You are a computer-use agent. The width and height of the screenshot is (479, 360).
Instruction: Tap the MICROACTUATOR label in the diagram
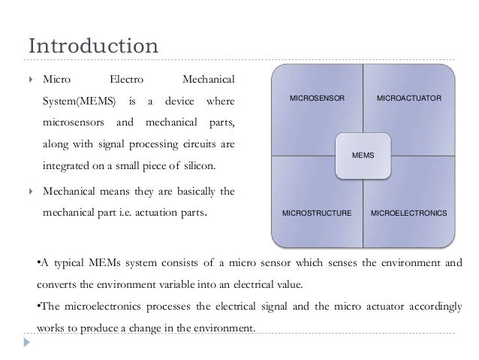[x=408, y=99]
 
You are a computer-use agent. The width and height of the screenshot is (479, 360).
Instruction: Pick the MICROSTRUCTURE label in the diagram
[x=317, y=214]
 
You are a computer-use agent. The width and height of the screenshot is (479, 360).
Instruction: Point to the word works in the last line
[x=50, y=328]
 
